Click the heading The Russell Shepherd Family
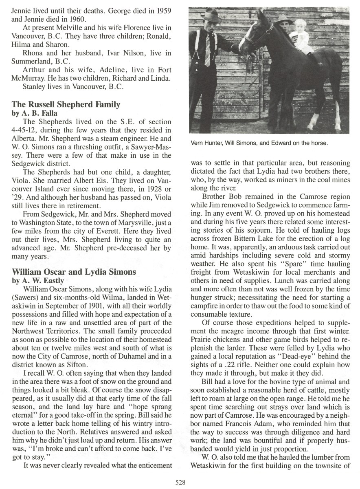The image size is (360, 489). click(66, 105)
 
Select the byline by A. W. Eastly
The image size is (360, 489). click(36, 280)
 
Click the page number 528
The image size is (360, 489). click(180, 482)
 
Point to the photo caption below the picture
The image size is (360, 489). click(259, 143)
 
